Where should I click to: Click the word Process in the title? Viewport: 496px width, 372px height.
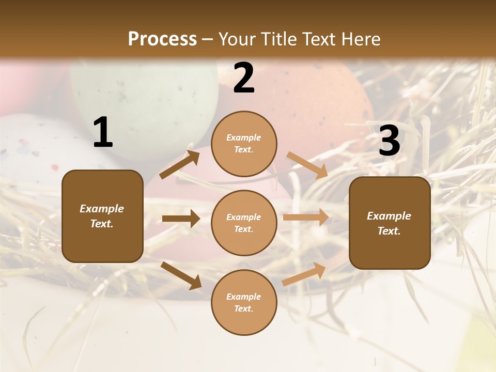162,39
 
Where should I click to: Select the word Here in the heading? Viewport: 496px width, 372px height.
359,39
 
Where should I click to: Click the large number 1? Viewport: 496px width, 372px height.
103,133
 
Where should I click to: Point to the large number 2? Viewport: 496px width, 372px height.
244,78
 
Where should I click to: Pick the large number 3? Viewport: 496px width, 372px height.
389,141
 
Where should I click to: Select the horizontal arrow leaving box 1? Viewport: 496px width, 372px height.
181,219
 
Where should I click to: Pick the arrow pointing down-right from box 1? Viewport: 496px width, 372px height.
181,275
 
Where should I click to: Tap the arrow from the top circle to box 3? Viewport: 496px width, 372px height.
307,165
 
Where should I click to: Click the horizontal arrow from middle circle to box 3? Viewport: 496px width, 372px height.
306,217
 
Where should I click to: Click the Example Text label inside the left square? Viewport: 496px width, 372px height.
102,216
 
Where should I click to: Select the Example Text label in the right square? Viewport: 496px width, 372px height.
389,223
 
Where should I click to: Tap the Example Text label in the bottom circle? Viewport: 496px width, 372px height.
243,302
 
